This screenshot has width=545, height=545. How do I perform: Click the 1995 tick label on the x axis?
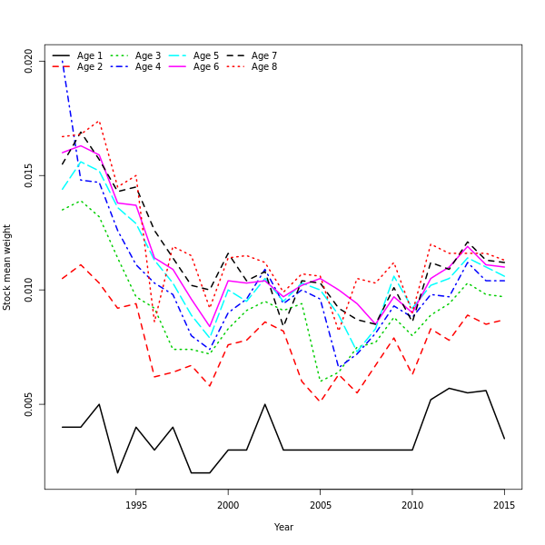pyautogui.click(x=136, y=506)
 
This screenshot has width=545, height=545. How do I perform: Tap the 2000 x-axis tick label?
pyautogui.click(x=228, y=506)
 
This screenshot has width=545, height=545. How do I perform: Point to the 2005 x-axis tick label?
pyautogui.click(x=320, y=506)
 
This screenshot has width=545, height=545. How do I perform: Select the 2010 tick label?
pyautogui.click(x=412, y=506)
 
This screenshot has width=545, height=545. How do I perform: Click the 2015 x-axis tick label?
pyautogui.click(x=504, y=506)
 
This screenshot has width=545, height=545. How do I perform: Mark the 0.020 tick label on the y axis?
pyautogui.click(x=29, y=61)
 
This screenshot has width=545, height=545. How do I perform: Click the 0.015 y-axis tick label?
pyautogui.click(x=29, y=175)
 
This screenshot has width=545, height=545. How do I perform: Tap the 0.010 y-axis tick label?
pyautogui.click(x=29, y=290)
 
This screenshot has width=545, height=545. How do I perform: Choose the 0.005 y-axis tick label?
pyautogui.click(x=29, y=404)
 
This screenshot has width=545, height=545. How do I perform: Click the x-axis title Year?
pyautogui.click(x=283, y=527)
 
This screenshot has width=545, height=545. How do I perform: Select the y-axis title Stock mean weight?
pyautogui.click(x=7, y=267)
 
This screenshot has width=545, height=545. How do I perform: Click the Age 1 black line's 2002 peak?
pyautogui.click(x=265, y=404)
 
